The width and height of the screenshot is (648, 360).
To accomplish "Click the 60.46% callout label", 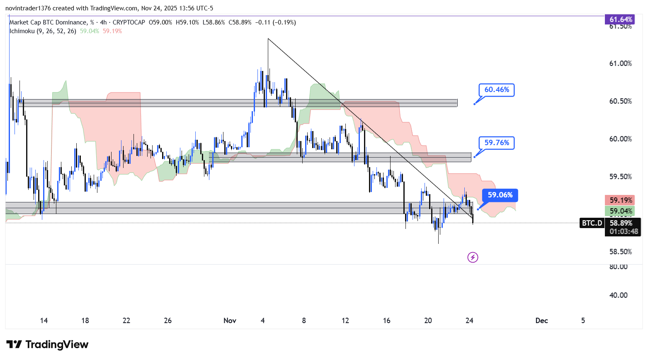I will coord(496,90).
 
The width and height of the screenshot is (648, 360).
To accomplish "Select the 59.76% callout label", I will coord(496,143).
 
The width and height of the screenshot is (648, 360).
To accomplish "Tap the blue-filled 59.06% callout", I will coord(500,195).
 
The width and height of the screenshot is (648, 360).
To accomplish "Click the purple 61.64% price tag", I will coord(621,19).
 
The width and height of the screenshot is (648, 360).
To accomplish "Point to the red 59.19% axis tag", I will coord(621,200).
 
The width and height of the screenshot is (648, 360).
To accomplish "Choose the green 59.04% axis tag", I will coord(621,211).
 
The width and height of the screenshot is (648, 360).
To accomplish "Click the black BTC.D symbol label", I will coord(592,223).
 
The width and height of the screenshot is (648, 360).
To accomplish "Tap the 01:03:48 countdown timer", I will coord(624,231).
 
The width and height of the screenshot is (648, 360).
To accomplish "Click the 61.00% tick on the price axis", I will coord(620,63).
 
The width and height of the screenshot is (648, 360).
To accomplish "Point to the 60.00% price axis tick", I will coord(620,139).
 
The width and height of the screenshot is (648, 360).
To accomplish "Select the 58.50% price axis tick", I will coord(620,252).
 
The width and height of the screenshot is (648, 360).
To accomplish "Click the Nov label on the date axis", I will coord(230,321).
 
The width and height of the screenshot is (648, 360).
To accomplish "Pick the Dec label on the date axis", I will coord(541,321).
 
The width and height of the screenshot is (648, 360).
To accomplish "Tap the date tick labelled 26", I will coord(168,321).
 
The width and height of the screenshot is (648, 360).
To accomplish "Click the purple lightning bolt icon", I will coord(473,258).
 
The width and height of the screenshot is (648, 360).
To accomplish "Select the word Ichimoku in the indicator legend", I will coord(22,31).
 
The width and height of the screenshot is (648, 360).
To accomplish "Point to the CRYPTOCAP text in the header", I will coord(129,22).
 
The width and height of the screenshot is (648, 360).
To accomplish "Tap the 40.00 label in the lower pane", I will coord(618,295).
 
